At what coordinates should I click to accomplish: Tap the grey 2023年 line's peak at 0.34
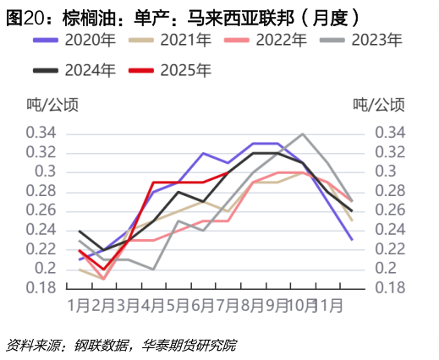[303, 134]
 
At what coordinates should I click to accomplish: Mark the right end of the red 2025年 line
[227, 172]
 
